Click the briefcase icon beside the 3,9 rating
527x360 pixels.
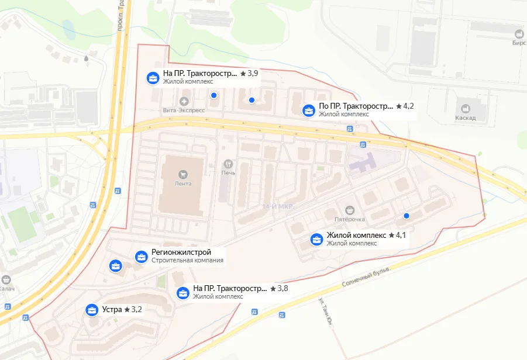(x=152, y=78)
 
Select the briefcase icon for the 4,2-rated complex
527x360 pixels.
(x=308, y=110)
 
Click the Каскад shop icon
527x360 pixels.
(x=466, y=108)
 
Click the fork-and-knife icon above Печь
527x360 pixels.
(x=228, y=164)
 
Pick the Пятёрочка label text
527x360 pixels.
(x=349, y=219)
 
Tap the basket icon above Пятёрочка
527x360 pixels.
(x=350, y=210)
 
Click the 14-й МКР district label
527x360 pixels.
(x=277, y=207)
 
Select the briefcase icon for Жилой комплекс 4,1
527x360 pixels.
(x=316, y=239)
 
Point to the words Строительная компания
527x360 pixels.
(x=187, y=261)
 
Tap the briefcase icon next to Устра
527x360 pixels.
(x=92, y=310)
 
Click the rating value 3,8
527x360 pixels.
(x=282, y=289)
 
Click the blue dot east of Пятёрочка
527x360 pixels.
(x=407, y=216)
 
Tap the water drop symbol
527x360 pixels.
(x=87, y=58)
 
